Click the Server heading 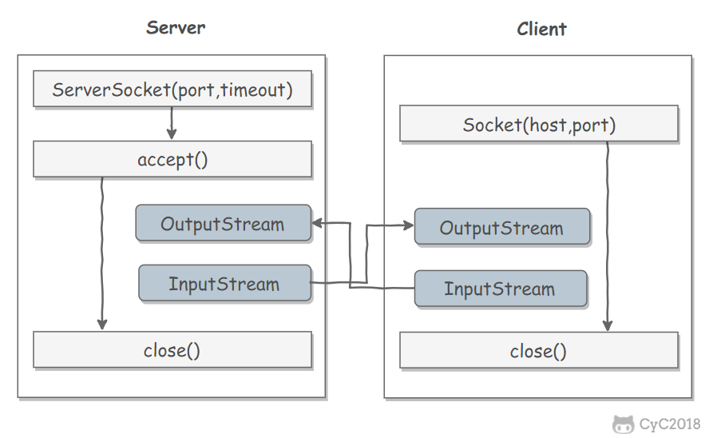176,28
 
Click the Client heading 541,29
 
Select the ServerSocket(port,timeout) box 172,89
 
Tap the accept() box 172,159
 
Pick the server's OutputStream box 224,223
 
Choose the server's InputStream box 224,283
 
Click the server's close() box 172,350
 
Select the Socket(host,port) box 539,124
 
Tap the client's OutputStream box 502,227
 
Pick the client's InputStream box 501,289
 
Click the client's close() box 539,351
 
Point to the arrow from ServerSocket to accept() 172,123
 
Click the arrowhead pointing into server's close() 102,324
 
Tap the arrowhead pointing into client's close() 608,325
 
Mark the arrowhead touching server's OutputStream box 318,223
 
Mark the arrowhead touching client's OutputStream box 408,225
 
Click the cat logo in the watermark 623,424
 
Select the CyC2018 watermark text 669,424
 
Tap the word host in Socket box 548,125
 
